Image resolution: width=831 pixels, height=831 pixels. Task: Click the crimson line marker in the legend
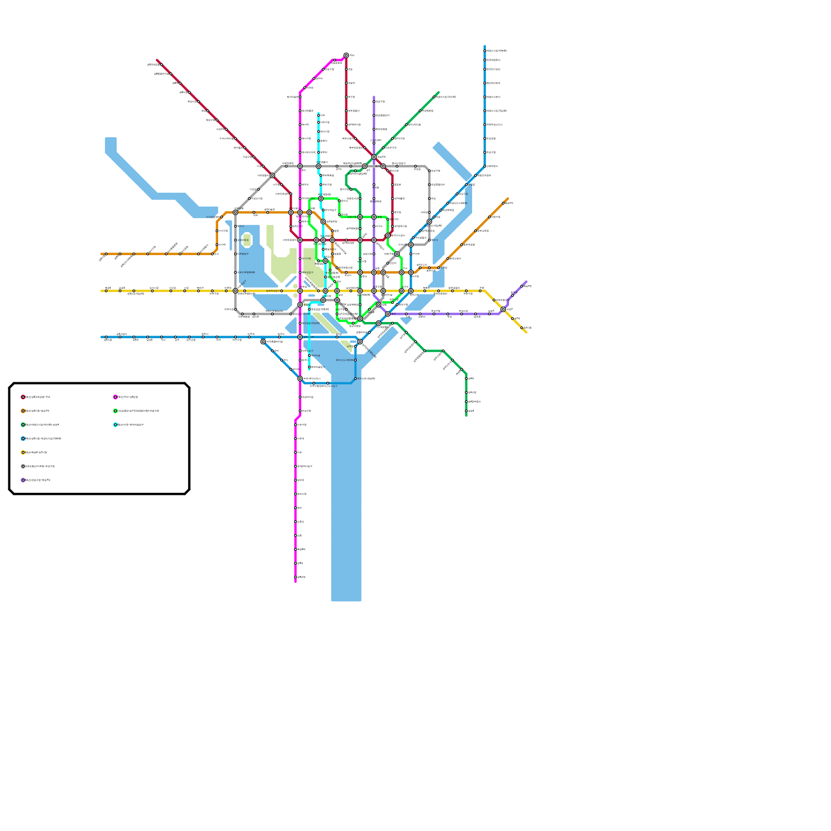[x=23, y=397]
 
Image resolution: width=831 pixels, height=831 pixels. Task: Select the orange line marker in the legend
[x=23, y=411]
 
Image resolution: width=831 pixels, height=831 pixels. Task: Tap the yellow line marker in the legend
[x=23, y=452]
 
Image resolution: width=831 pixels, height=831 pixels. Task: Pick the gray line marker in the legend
[x=23, y=466]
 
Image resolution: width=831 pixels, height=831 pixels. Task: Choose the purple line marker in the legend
[x=23, y=480]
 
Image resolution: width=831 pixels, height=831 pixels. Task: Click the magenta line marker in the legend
[x=115, y=397]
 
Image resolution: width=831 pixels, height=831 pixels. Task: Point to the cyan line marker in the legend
[x=115, y=425]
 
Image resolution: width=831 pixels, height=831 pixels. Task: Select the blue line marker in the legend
[x=23, y=439]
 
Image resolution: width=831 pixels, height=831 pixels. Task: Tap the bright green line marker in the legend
[x=115, y=411]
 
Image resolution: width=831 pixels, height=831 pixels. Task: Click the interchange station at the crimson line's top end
[x=346, y=55]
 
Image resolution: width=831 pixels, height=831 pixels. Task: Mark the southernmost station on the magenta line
[x=296, y=577]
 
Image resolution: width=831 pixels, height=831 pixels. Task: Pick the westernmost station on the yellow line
[x=106, y=291]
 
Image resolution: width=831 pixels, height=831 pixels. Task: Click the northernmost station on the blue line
[x=485, y=51]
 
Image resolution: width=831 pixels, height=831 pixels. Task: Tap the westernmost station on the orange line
[x=106, y=254]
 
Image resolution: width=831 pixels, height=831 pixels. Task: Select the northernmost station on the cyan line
[x=319, y=115]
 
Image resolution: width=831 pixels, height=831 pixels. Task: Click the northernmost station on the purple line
[x=374, y=102]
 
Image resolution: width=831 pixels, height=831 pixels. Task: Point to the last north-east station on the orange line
[x=503, y=203]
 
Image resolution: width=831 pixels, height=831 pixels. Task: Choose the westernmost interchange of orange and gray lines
[x=235, y=212]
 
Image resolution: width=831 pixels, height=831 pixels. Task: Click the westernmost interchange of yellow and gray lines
[x=235, y=291]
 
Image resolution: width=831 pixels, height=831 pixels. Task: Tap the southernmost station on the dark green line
[x=466, y=411]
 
